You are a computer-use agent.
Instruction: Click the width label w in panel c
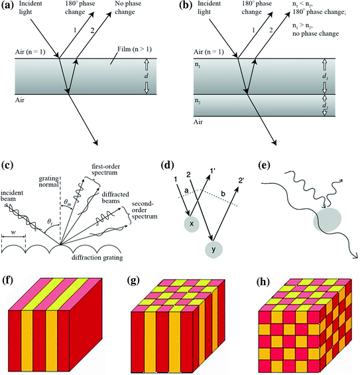[13, 233]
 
